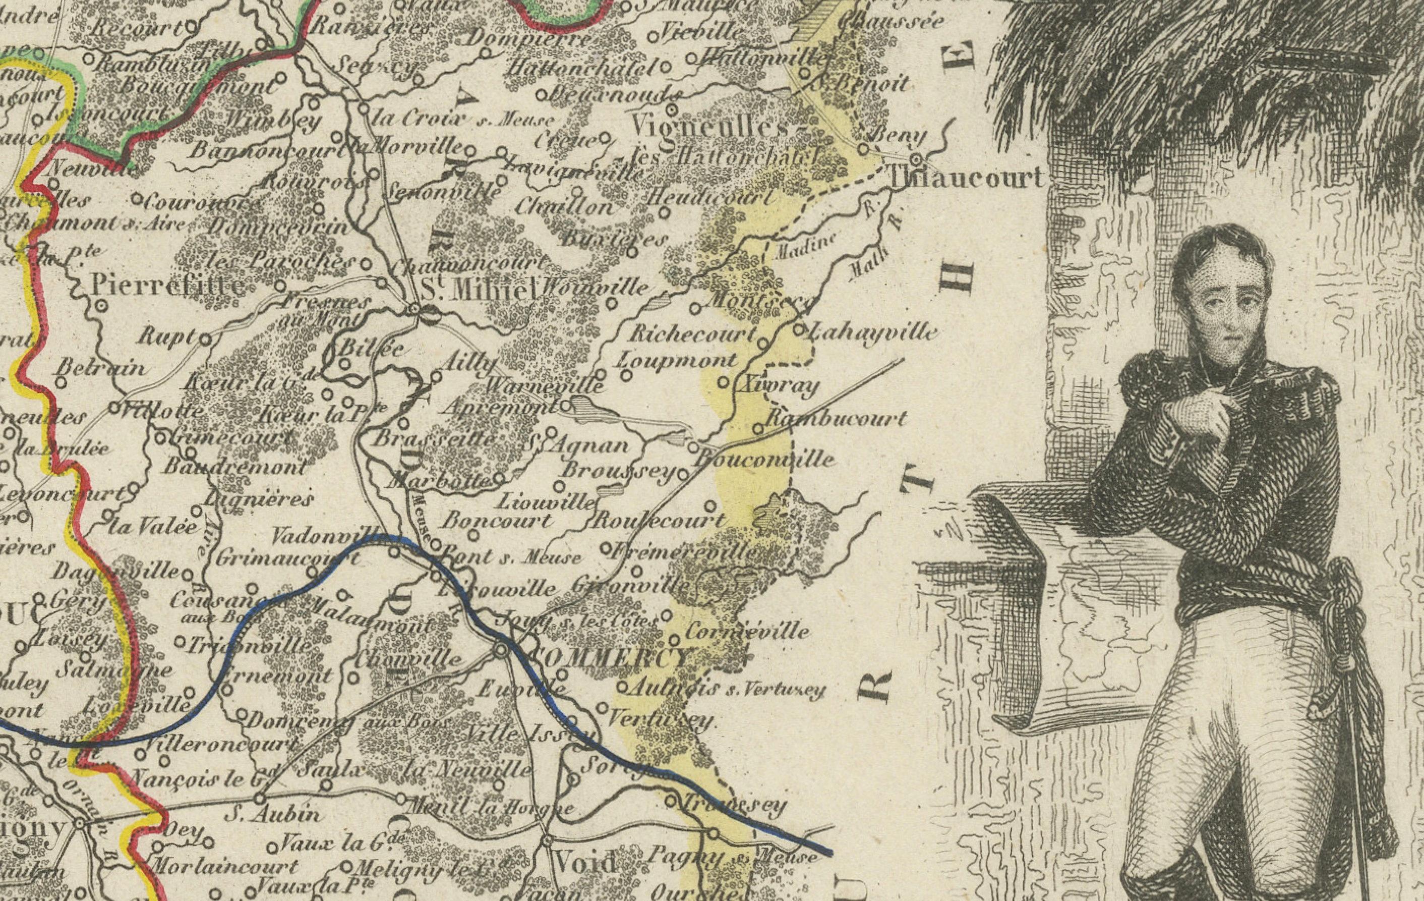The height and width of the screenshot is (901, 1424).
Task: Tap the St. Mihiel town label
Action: click(478, 291)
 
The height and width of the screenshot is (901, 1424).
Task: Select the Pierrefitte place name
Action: click(168, 287)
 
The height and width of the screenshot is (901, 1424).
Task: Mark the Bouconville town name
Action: click(766, 459)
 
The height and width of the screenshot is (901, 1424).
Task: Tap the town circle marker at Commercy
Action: click(500, 651)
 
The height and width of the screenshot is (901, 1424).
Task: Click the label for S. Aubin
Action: click(273, 815)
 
